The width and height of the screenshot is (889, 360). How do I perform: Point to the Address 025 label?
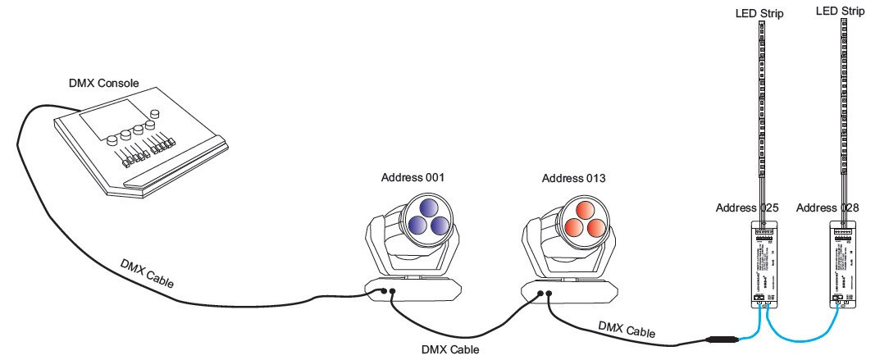click(x=747, y=207)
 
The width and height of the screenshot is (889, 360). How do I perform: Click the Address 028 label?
click(x=827, y=207)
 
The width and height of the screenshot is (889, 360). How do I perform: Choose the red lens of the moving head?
click(x=583, y=216)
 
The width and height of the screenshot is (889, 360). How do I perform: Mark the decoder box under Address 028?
click(x=844, y=262)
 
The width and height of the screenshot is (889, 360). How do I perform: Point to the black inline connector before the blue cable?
click(x=722, y=339)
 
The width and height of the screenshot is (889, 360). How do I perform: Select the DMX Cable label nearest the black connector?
click(x=627, y=330)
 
